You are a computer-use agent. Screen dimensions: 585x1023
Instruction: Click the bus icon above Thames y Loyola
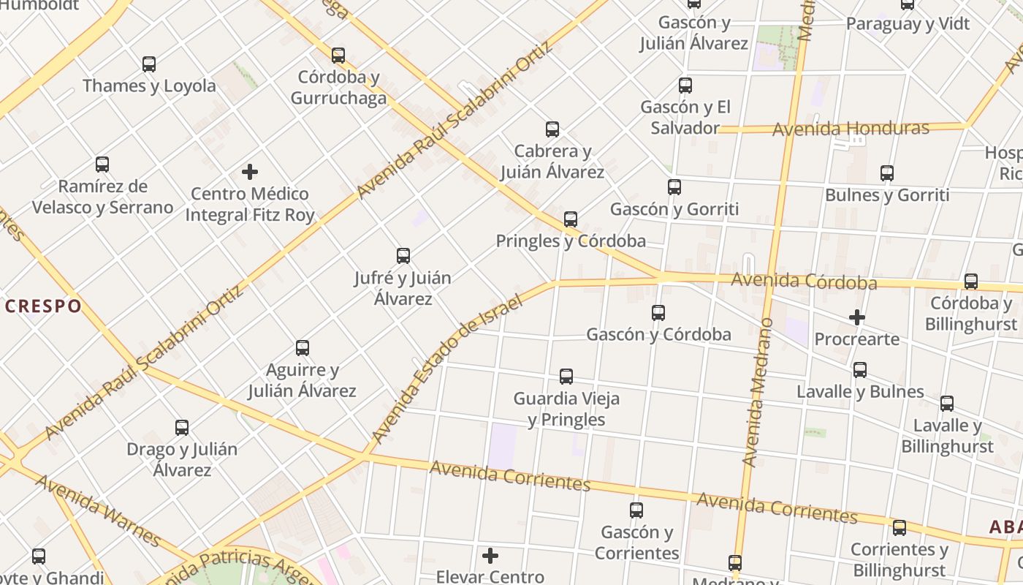[x=149, y=64]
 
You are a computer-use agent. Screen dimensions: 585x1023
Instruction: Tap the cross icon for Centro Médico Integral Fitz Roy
[x=250, y=173]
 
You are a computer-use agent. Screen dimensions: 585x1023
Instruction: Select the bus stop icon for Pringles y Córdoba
[x=571, y=219]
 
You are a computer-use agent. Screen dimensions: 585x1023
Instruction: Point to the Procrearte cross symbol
[x=857, y=317]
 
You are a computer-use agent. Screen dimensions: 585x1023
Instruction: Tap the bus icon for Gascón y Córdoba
[x=658, y=313]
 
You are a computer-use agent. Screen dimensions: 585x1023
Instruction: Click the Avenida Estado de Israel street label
[x=447, y=369]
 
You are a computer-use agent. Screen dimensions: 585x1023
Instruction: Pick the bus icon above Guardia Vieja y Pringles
[x=566, y=377]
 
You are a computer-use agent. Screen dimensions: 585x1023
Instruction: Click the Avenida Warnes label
[x=98, y=510]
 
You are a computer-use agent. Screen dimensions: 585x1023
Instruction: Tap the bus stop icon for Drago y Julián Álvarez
[x=182, y=428]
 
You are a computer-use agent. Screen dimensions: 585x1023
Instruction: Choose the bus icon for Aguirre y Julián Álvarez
[x=303, y=348]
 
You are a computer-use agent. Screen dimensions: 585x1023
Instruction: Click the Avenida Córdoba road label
[x=804, y=281]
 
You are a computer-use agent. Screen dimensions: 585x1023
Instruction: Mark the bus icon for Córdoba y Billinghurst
[x=971, y=282]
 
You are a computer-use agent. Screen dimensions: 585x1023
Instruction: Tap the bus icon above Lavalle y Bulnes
[x=860, y=370]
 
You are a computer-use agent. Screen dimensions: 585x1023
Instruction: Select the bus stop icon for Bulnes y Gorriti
[x=887, y=173]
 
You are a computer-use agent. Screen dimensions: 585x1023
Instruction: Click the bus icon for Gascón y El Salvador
[x=685, y=86]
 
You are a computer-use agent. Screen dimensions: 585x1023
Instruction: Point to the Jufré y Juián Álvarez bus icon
[x=403, y=256]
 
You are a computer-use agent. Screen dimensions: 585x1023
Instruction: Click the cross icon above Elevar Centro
[x=490, y=556]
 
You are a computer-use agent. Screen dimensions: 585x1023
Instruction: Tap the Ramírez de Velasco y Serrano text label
[x=102, y=197]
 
